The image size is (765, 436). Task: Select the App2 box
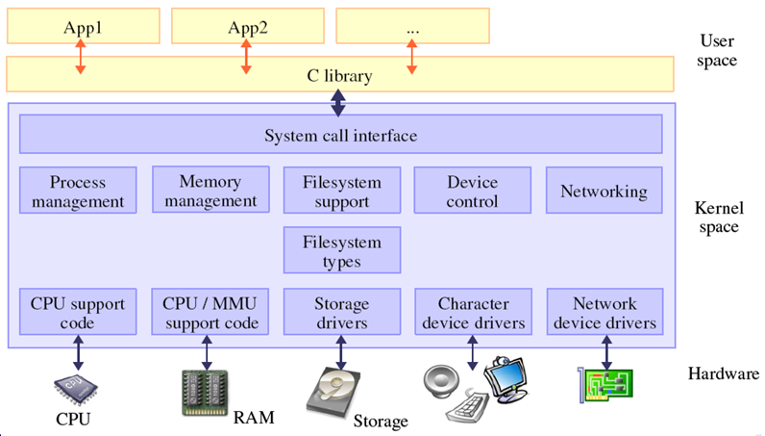pos(246,26)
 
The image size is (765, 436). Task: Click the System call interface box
pos(341,135)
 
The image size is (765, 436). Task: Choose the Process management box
pos(78,191)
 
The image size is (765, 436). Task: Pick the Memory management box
pos(210,191)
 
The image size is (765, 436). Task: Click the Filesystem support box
pos(342,191)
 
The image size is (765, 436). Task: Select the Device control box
pos(472,191)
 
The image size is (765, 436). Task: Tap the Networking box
pos(604,191)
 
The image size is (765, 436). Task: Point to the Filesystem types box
pos(342,251)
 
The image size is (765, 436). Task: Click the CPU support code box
pos(78,313)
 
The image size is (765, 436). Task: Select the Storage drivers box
pos(342,313)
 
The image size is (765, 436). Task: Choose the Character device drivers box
pos(472,313)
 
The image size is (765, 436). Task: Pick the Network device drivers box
pos(604,313)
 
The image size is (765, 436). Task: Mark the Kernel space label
pos(718,218)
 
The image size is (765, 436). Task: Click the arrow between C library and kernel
pos(339,100)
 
